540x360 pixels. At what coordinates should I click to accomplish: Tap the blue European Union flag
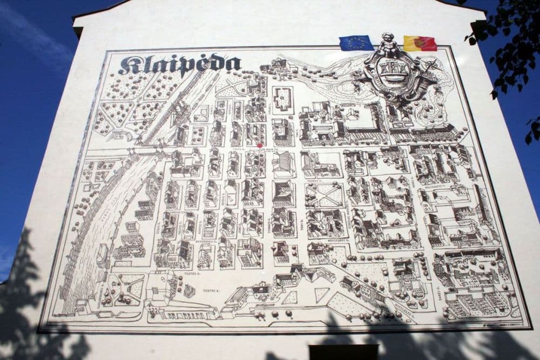356,43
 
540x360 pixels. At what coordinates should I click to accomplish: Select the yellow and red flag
420,43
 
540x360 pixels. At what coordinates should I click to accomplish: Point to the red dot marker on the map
260,145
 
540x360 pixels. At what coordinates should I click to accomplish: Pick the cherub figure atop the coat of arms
387,43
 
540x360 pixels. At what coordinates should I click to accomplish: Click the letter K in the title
129,65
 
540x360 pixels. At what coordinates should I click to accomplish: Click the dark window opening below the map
343,352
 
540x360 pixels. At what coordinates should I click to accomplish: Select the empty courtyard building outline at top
282,99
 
